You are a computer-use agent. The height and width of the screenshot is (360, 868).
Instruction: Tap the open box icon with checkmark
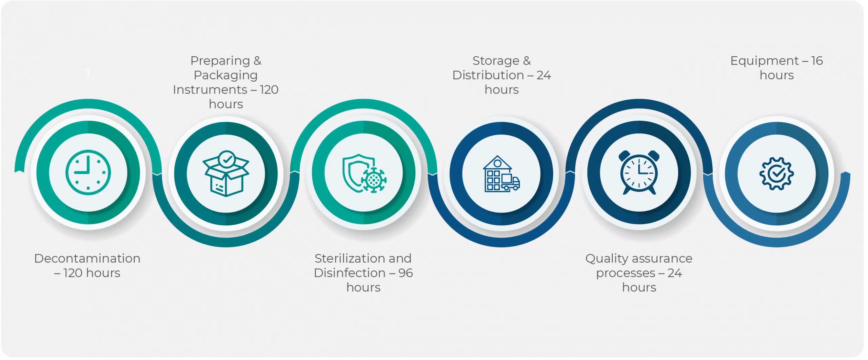click(x=226, y=173)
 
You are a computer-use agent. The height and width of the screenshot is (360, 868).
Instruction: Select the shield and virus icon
click(x=364, y=173)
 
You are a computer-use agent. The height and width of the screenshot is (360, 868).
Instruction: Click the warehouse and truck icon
click(x=501, y=174)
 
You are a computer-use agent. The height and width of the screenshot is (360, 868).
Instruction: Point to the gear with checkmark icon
click(x=776, y=174)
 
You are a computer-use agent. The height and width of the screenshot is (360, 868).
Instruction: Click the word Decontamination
click(x=87, y=258)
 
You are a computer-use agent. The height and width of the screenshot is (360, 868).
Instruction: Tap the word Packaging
click(x=226, y=75)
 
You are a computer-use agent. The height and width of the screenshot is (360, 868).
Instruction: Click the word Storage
click(x=496, y=61)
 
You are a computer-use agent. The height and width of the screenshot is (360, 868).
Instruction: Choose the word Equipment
click(x=765, y=61)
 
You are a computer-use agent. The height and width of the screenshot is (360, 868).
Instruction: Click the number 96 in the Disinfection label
click(x=406, y=273)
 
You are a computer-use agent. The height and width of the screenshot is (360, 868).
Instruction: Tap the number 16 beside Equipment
click(x=817, y=61)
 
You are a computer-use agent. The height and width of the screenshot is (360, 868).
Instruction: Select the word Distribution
click(x=488, y=75)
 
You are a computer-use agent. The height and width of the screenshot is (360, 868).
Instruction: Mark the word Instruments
click(x=210, y=89)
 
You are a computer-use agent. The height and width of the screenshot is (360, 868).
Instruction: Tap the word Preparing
click(x=220, y=61)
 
